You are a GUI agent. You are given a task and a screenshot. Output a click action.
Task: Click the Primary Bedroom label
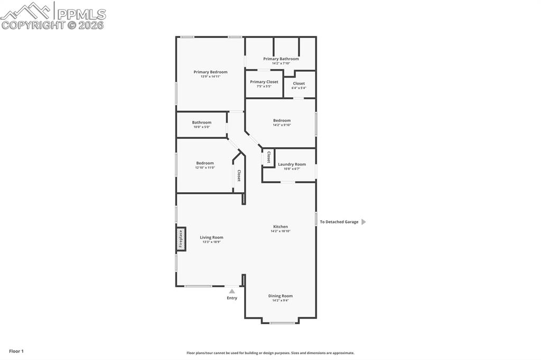pyautogui.click(x=210, y=72)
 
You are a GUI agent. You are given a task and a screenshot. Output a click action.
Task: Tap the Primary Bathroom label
pyautogui.click(x=281, y=59)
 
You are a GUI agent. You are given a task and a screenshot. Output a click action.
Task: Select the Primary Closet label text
pyautogui.click(x=264, y=82)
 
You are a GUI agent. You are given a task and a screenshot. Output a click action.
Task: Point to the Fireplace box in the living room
pyautogui.click(x=181, y=239)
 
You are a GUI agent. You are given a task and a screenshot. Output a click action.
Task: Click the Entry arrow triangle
pyautogui.click(x=232, y=291)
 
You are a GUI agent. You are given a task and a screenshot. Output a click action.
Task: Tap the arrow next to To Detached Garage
pyautogui.click(x=363, y=222)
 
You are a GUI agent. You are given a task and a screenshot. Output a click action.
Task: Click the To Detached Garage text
pyautogui.click(x=339, y=222)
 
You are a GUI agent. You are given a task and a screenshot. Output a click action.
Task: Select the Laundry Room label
pyautogui.click(x=292, y=164)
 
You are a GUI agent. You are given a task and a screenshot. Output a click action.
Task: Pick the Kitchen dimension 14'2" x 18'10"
pyautogui.click(x=281, y=231)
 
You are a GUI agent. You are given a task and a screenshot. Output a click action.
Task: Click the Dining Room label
pyautogui.click(x=281, y=296)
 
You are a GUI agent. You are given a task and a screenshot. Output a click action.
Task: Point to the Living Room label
pyautogui.click(x=211, y=238)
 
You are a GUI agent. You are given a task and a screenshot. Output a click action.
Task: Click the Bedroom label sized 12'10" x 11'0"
pyautogui.click(x=205, y=163)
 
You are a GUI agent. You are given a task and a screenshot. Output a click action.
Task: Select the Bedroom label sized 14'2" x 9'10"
pyautogui.click(x=282, y=120)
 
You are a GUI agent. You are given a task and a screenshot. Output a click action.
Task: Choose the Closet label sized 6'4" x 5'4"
pyautogui.click(x=299, y=83)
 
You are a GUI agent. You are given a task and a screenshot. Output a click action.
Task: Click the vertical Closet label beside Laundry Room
pyautogui.click(x=269, y=157)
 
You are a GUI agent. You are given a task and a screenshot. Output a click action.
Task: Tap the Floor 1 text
pyautogui.click(x=16, y=351)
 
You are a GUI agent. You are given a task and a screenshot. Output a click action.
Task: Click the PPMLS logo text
pyautogui.click(x=81, y=14)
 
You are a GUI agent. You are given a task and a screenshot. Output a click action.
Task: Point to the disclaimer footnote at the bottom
pyautogui.click(x=270, y=353)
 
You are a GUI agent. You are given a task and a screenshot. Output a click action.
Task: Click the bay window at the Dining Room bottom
pyautogui.click(x=282, y=322)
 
